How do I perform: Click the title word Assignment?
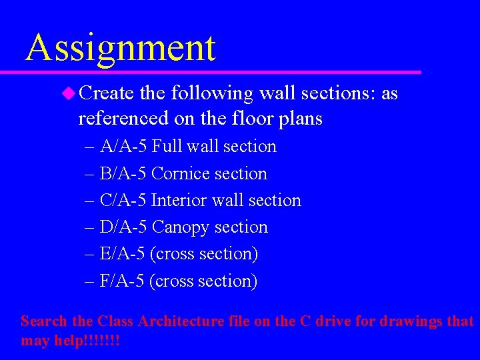(x=121, y=48)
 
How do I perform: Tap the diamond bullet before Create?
(x=69, y=93)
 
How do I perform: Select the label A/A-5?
(x=123, y=146)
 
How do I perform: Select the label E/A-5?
(x=123, y=254)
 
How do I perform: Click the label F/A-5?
(x=123, y=281)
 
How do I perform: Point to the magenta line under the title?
(x=220, y=71)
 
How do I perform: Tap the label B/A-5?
(x=123, y=173)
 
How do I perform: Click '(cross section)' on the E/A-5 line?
(x=204, y=254)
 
